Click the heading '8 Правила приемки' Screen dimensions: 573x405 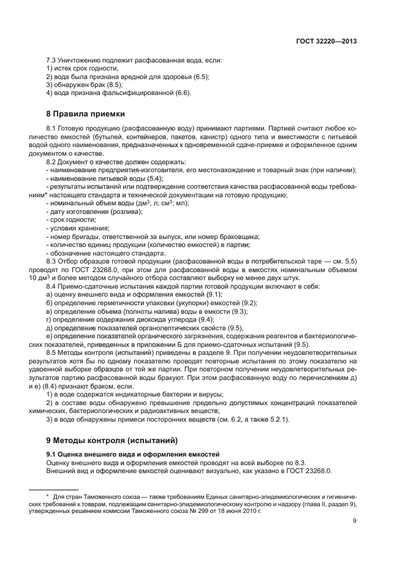(85, 113)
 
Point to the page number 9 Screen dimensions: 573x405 (355, 521)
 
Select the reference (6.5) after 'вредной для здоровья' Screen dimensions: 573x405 (200, 77)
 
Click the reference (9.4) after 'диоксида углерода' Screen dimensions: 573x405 (204, 320)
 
